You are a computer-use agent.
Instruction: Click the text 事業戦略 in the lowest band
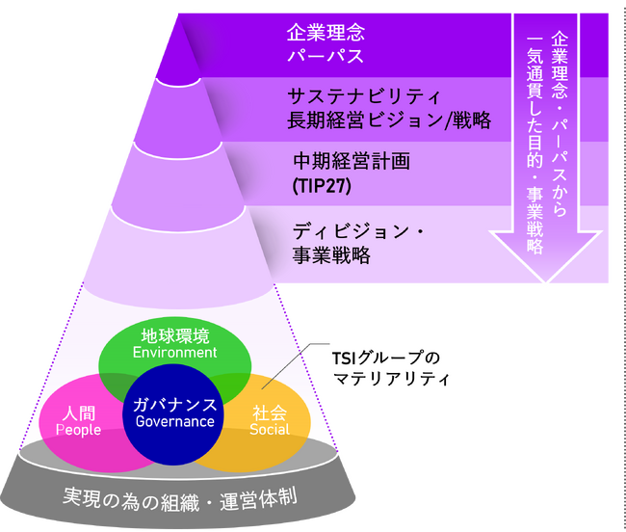330,257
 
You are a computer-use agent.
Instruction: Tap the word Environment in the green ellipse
175,353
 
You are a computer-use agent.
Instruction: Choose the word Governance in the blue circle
175,421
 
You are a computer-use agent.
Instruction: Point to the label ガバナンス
175,404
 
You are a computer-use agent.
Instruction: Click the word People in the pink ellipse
79,430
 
